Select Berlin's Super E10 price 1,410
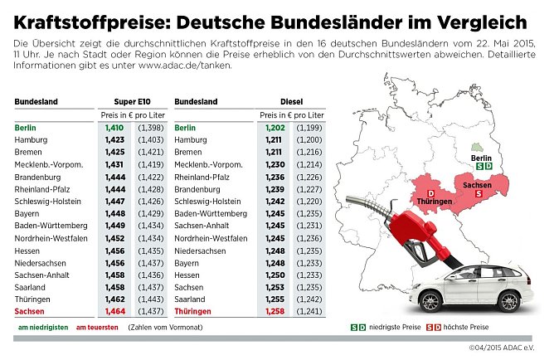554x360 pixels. click(x=114, y=128)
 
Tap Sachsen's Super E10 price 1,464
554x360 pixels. click(x=114, y=311)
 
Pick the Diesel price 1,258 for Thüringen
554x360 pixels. click(x=275, y=311)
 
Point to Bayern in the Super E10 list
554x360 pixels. click(x=27, y=213)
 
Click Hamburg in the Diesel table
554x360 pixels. click(x=192, y=140)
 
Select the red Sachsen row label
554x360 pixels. click(x=31, y=311)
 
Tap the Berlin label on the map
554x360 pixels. click(x=481, y=157)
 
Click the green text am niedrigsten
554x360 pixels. click(x=41, y=328)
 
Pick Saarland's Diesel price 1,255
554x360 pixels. click(x=275, y=299)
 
